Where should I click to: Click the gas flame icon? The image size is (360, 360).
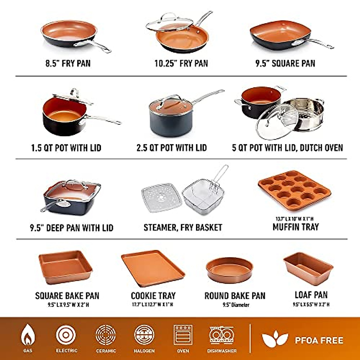pos(28,335)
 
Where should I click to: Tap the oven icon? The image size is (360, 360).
pos(183,335)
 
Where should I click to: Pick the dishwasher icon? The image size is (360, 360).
pos(222,335)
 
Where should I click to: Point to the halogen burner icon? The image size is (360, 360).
pos(144,335)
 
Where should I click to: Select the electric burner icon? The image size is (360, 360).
pos(66,335)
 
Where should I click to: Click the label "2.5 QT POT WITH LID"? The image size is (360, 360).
pos(172,148)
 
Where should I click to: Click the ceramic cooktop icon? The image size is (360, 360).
pos(106,335)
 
